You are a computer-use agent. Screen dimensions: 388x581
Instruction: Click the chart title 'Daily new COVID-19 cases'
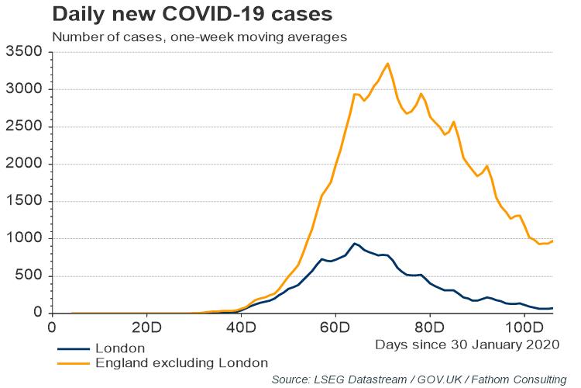[181, 14]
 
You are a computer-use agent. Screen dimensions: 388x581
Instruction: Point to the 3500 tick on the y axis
[23, 52]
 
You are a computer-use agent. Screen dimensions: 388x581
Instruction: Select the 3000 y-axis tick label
[23, 89]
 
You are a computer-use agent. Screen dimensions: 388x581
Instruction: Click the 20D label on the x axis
[146, 326]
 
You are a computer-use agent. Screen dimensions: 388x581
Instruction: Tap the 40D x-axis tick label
[241, 326]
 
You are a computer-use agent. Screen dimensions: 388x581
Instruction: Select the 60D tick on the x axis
[335, 326]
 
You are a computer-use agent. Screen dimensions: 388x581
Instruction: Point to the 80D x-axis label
[430, 326]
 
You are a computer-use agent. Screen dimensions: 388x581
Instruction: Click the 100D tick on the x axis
[524, 326]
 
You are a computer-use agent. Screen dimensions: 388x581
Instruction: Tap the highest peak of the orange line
[388, 64]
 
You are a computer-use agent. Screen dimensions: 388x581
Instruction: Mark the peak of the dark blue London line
[355, 244]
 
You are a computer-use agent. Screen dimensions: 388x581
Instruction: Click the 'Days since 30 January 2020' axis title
[466, 343]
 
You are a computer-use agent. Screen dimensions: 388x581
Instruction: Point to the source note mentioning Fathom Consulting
[418, 379]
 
